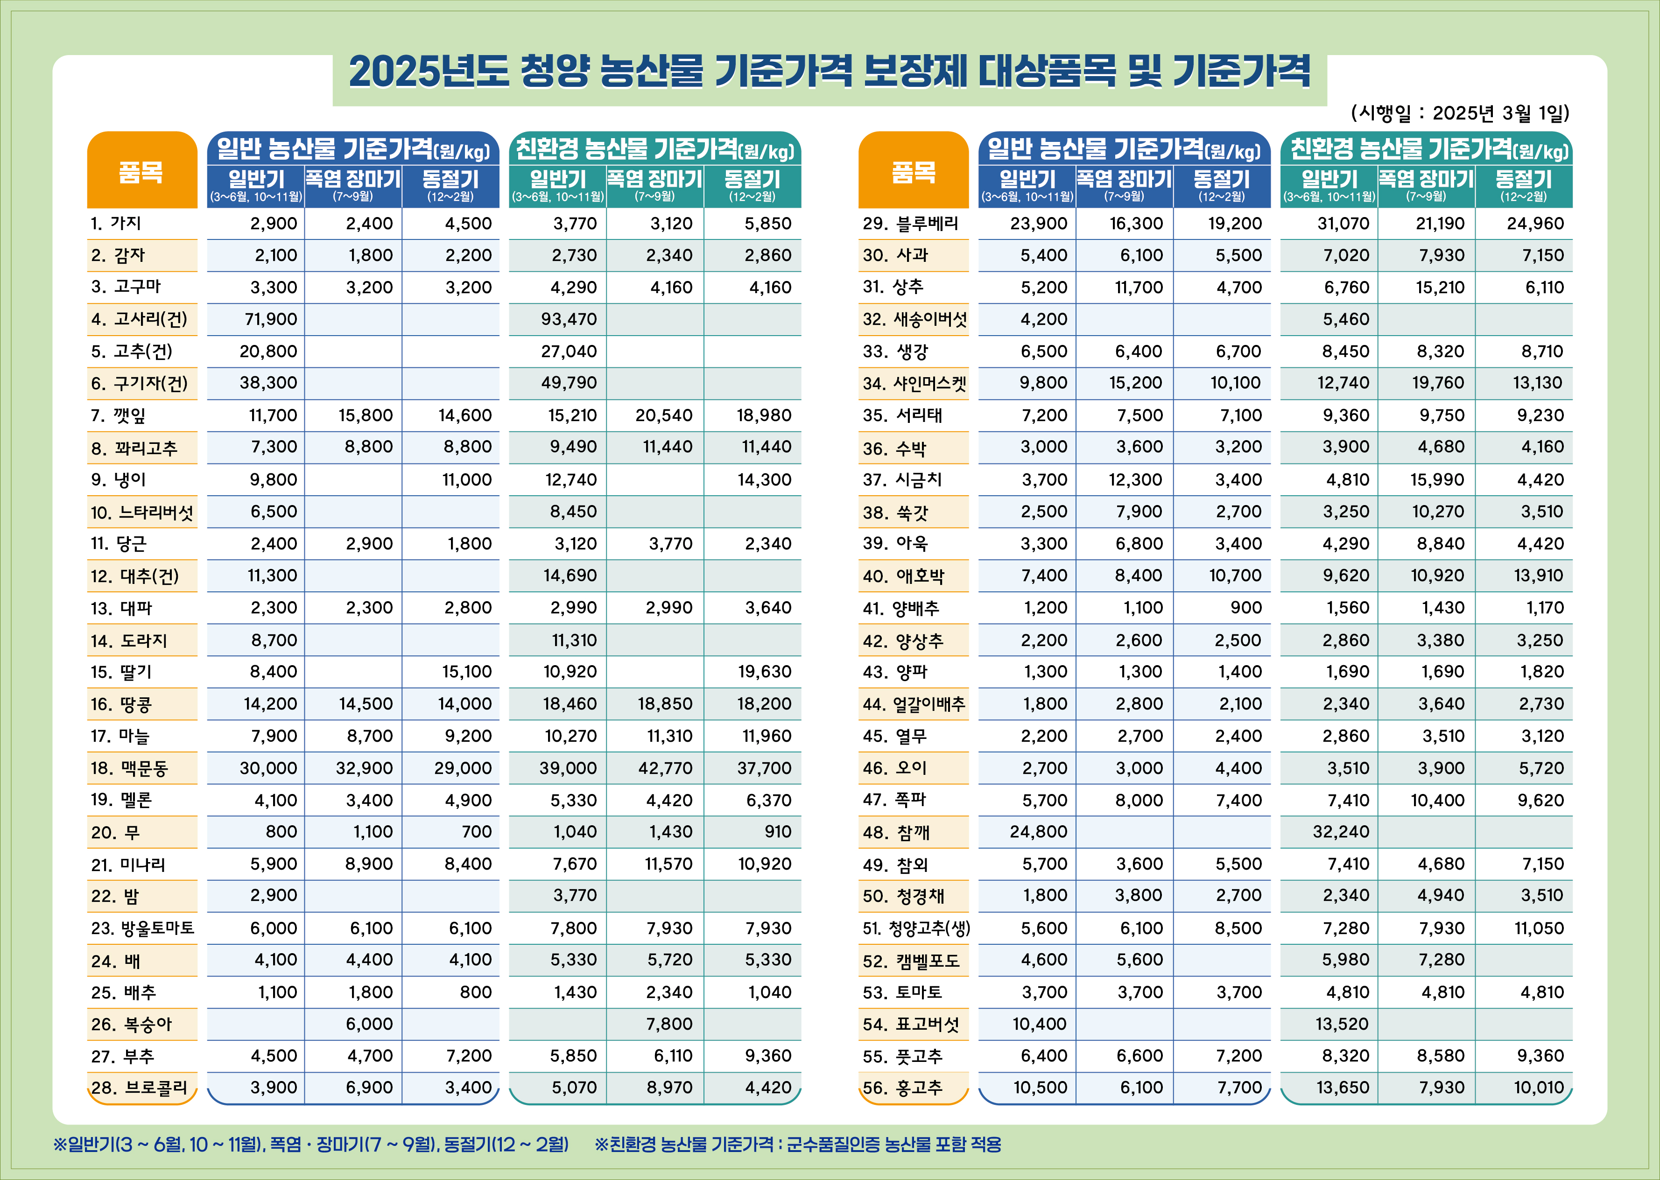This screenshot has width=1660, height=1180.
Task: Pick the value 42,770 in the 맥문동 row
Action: click(x=665, y=768)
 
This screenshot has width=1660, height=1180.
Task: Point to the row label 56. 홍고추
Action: click(x=902, y=1088)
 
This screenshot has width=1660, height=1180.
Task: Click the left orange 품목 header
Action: click(x=141, y=172)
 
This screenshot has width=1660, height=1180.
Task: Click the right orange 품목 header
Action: click(x=913, y=172)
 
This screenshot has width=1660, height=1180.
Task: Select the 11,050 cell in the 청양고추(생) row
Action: click(x=1538, y=928)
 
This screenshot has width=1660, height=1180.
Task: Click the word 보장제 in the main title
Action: click(x=914, y=71)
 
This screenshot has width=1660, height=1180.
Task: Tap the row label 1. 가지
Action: click(x=116, y=223)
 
